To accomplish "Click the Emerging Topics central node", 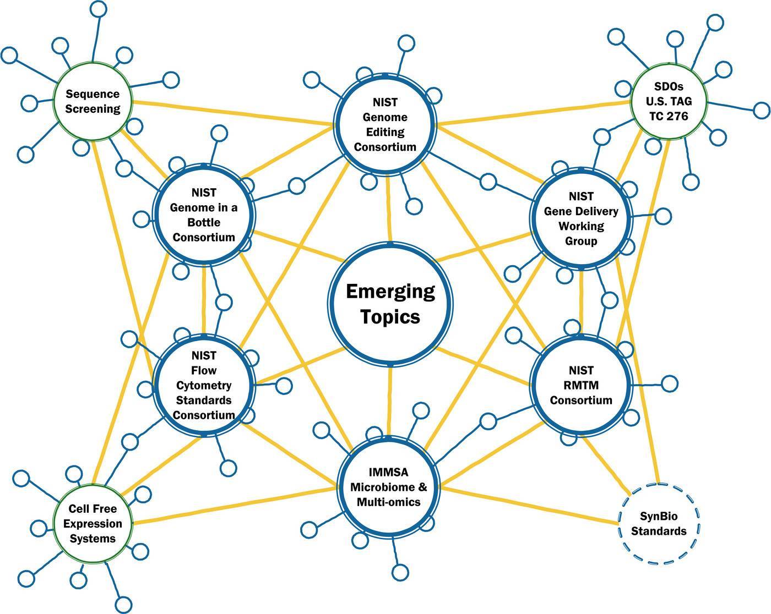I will click(x=390, y=304).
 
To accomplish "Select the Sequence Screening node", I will click(x=93, y=102).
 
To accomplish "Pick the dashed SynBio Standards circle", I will click(x=659, y=523).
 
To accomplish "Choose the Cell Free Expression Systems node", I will click(x=93, y=523).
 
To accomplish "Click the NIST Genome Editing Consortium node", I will click(x=385, y=125).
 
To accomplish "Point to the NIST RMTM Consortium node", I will click(x=581, y=385).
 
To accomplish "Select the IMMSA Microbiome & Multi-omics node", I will click(x=389, y=487).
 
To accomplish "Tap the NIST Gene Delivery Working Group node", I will click(x=581, y=218).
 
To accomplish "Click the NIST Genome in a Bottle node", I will click(x=204, y=215).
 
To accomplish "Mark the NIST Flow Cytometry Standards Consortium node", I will click(x=204, y=385).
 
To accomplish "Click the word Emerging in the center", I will click(x=390, y=291).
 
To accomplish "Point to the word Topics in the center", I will click(x=390, y=317).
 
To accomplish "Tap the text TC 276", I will click(x=669, y=116).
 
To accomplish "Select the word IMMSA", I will click(x=389, y=472).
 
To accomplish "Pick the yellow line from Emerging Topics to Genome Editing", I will click(x=389, y=209).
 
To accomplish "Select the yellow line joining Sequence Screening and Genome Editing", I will click(x=231, y=114).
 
